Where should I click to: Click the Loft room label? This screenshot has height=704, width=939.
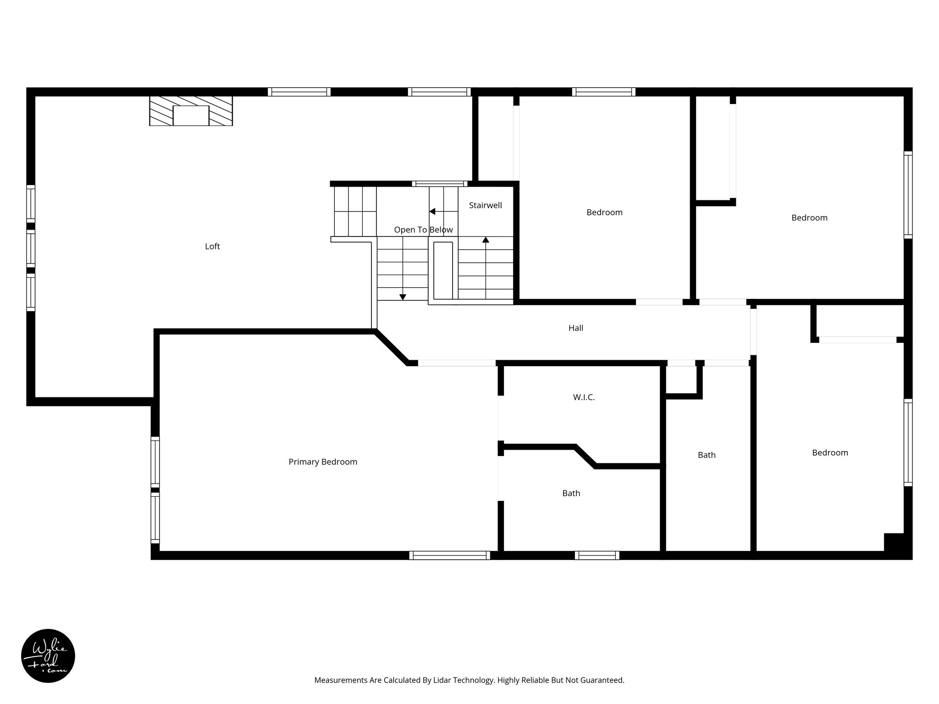(212, 247)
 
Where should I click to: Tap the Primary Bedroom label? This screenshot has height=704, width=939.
(323, 462)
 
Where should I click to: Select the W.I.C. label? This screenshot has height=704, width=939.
(584, 397)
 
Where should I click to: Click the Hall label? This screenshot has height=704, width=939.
(576, 328)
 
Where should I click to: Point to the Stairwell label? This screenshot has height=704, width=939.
(485, 205)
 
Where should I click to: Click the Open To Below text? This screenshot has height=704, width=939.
(423, 230)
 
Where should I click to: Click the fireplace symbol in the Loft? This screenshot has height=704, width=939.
(191, 111)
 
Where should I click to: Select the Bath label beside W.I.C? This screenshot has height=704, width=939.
(571, 493)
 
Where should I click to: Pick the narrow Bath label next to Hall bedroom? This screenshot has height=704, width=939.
(707, 455)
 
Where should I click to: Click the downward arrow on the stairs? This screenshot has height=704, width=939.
(403, 297)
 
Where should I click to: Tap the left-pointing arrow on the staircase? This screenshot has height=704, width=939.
(432, 211)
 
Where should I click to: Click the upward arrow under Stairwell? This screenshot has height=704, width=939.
(486, 240)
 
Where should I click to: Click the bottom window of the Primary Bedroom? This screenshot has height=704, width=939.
(449, 555)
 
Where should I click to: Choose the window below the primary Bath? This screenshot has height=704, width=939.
(597, 555)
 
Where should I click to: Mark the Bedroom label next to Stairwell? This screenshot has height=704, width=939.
(604, 212)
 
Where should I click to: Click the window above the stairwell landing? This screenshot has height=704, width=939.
(439, 184)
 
